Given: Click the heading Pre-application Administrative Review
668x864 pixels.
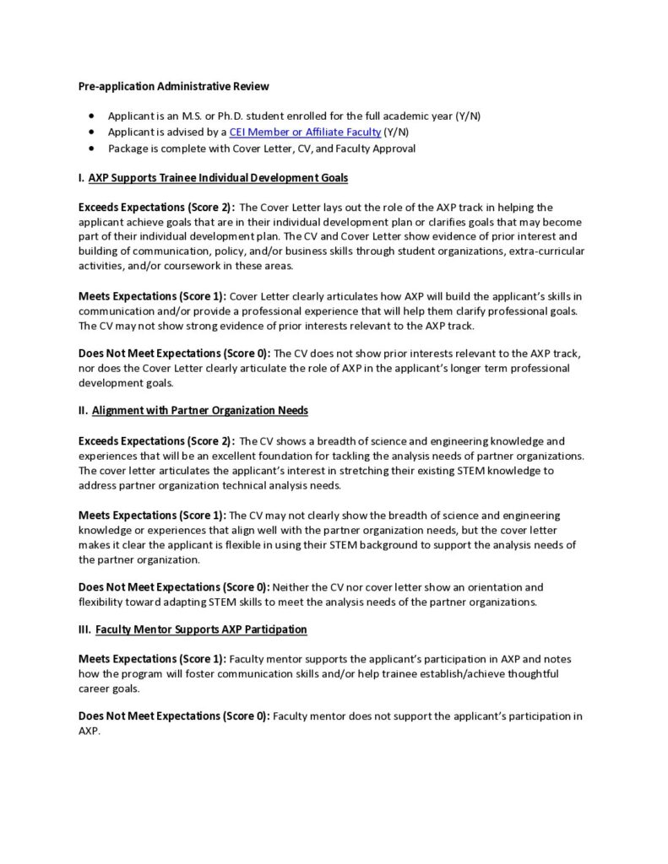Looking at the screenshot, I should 174,86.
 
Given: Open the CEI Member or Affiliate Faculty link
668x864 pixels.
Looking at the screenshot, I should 305,132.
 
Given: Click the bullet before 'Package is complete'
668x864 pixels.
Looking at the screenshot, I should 91,149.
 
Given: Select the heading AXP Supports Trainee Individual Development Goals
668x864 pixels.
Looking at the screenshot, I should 218,178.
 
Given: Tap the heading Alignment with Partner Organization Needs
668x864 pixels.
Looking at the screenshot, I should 199,411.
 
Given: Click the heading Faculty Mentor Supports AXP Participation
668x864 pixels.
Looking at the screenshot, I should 201,629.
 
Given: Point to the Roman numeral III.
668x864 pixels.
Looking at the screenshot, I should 84,629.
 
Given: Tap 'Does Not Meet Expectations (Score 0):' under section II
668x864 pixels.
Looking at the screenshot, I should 174,586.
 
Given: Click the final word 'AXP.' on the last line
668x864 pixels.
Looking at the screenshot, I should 90,732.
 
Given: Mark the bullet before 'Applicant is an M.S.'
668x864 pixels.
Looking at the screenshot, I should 91,116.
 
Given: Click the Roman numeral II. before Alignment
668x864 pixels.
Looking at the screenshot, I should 83,411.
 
